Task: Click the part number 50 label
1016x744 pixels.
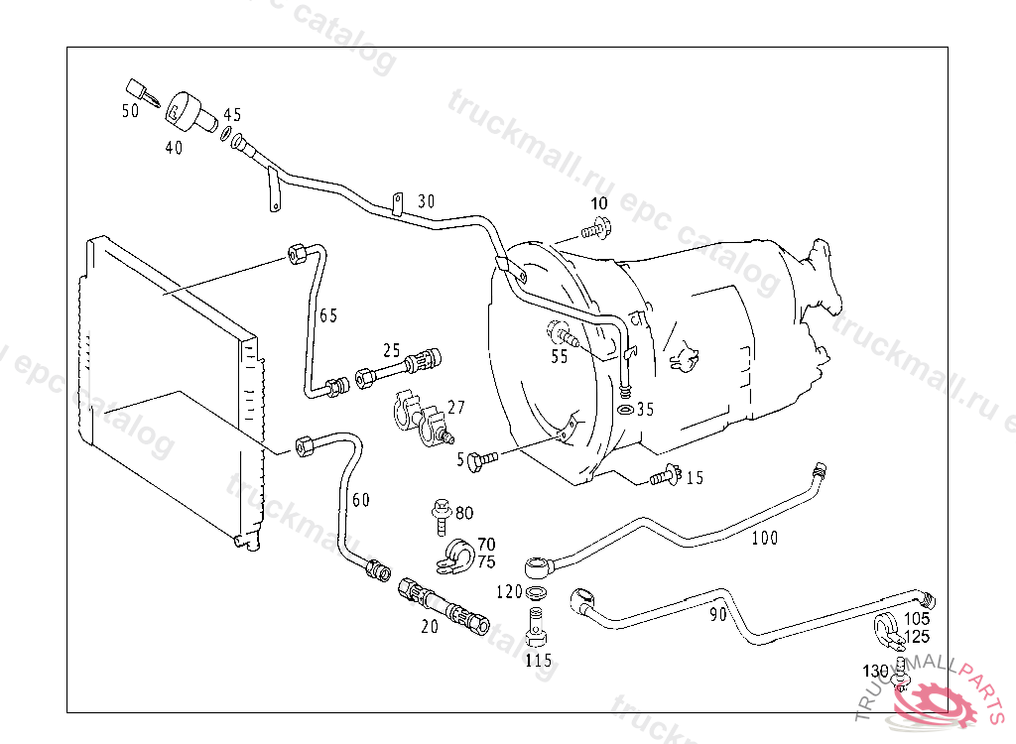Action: (131, 111)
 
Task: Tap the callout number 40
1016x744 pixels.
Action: (174, 148)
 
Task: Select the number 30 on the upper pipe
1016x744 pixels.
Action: (426, 200)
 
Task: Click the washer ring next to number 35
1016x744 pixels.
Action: (625, 409)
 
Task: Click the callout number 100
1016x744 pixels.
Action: (765, 539)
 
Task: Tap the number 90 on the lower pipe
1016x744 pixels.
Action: (718, 614)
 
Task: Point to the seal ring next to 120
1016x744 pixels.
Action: (537, 593)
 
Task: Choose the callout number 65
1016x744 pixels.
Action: (328, 315)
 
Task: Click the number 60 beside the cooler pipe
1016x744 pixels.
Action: (361, 499)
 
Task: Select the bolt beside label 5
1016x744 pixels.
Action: (484, 457)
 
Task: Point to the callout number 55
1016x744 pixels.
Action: (560, 357)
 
